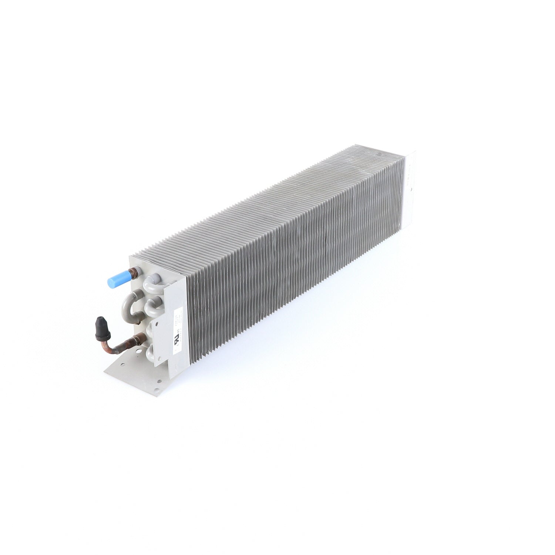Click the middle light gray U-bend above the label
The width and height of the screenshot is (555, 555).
[152, 302]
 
